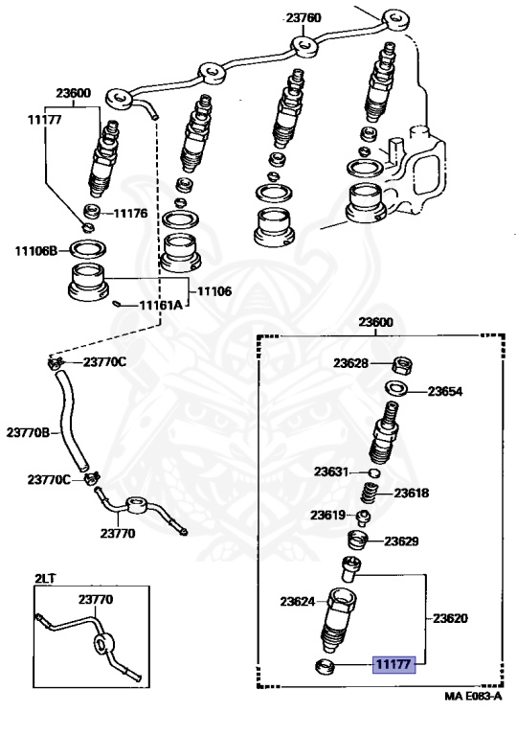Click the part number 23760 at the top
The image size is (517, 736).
[303, 17]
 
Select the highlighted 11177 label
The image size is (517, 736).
[392, 663]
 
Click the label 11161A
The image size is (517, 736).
[160, 306]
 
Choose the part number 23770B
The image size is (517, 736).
[29, 432]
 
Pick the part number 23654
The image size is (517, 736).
[445, 391]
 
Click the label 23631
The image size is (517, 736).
[331, 471]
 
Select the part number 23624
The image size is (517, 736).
[298, 602]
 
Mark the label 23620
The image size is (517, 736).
[450, 618]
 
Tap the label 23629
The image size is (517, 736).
[402, 541]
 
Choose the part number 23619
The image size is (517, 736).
[326, 516]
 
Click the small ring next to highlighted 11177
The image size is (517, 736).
[327, 665]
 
